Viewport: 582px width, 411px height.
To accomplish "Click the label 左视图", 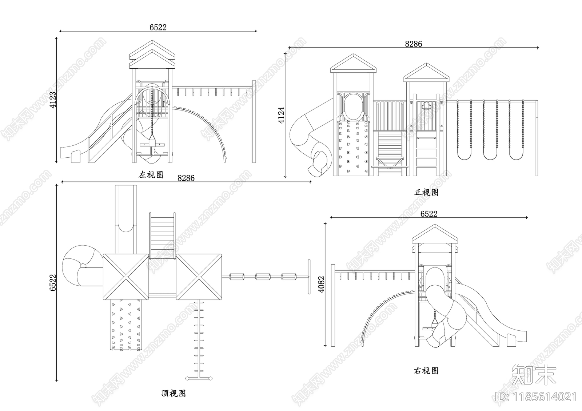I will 151,175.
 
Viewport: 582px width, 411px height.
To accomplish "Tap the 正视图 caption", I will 426,192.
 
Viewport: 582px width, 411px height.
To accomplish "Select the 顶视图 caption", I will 174,393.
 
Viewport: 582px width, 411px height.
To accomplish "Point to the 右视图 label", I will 426,371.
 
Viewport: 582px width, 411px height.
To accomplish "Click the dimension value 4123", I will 53,100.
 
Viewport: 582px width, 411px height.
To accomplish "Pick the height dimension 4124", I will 282,115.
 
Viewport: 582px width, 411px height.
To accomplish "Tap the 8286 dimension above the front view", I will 414,44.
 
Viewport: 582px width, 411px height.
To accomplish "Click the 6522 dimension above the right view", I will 429,214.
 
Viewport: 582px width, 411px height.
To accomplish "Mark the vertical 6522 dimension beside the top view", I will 53,282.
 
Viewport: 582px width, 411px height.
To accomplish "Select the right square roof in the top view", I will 199,277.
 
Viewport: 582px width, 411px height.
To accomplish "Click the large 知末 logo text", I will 534,375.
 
